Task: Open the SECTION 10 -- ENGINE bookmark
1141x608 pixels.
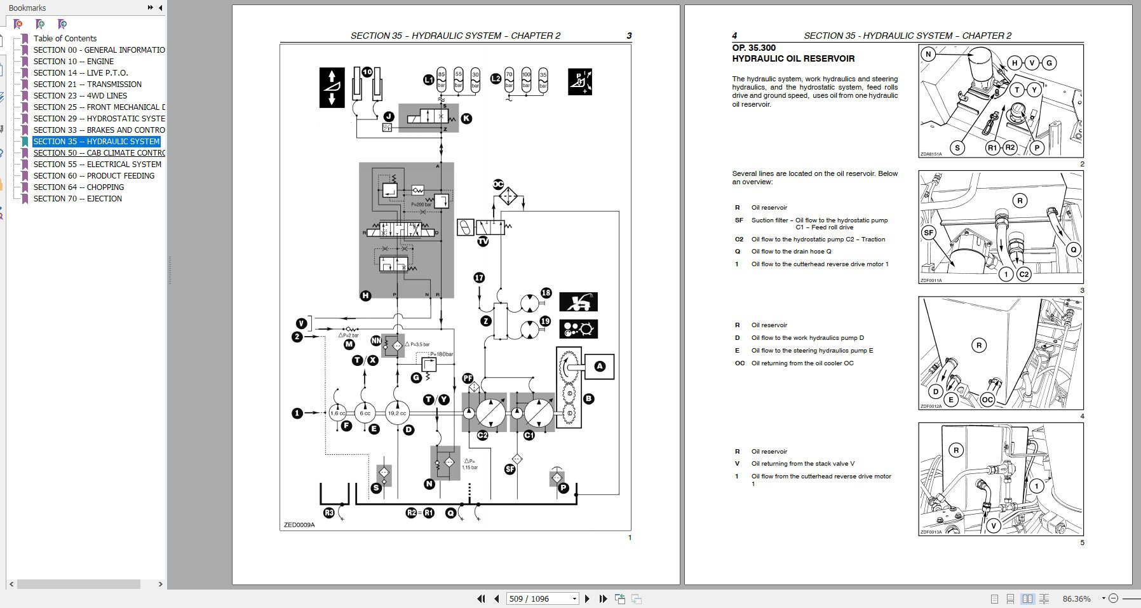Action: point(73,62)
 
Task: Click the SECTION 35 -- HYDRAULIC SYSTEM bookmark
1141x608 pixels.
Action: point(96,142)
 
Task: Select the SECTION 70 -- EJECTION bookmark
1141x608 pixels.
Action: point(77,199)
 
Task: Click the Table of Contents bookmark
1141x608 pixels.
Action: point(65,39)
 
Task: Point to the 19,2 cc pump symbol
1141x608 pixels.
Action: point(396,413)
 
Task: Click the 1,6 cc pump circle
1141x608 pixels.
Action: point(337,413)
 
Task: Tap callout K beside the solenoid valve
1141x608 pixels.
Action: point(466,119)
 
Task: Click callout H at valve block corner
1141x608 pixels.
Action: point(365,295)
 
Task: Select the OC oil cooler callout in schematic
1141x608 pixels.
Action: point(498,185)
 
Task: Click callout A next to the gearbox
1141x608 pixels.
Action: point(599,367)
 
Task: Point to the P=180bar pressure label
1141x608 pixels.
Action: point(442,354)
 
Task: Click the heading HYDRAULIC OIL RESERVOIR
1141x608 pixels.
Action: point(793,58)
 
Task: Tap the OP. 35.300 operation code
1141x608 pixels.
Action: point(753,48)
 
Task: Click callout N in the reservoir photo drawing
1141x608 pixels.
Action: point(928,54)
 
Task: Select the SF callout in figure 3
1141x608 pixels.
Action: point(929,233)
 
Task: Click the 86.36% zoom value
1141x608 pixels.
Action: point(1076,598)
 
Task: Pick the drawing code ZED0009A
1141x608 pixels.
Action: point(299,525)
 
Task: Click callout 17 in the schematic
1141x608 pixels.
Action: point(479,278)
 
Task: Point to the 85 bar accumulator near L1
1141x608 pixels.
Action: point(442,79)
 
